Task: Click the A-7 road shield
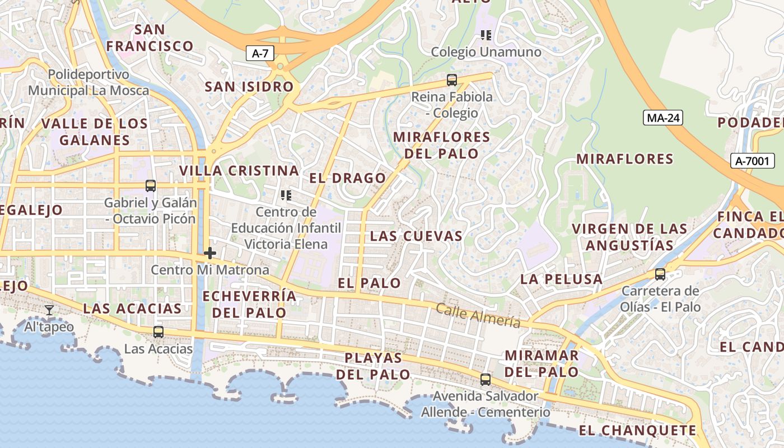tap(260, 54)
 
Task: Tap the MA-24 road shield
tap(663, 118)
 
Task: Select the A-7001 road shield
tap(753, 161)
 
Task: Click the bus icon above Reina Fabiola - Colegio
tap(452, 80)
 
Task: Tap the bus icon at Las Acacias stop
tap(158, 332)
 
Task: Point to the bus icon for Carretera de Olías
tap(660, 274)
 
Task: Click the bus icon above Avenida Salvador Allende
tap(486, 380)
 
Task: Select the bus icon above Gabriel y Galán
tap(150, 186)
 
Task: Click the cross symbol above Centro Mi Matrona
tap(210, 253)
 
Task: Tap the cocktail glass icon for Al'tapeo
tap(49, 310)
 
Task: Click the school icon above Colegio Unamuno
tap(486, 35)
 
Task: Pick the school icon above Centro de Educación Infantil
tap(286, 195)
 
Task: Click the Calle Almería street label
tap(478, 316)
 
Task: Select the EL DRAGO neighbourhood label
tap(348, 179)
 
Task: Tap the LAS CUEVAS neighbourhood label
tap(417, 236)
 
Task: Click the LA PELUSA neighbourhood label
tap(562, 279)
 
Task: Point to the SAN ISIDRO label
tap(249, 87)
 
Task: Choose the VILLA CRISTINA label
tap(239, 171)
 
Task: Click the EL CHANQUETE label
tap(637, 431)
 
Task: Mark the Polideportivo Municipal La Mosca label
tap(88, 82)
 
